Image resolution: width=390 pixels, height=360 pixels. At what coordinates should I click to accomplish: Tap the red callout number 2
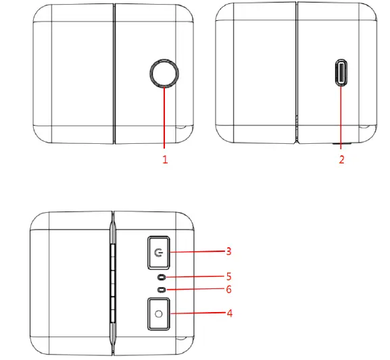[341, 160]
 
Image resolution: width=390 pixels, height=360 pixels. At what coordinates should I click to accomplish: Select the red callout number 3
[229, 251]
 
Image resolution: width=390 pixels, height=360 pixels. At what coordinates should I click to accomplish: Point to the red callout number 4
[229, 313]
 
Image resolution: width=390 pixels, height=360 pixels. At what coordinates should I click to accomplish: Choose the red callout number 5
[229, 276]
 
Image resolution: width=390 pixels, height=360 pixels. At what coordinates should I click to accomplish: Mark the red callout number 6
[229, 289]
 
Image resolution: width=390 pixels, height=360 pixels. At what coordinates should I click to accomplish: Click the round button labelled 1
[164, 72]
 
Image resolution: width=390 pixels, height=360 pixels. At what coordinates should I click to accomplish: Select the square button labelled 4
[159, 314]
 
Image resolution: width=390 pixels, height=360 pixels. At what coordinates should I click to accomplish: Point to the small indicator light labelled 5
[161, 277]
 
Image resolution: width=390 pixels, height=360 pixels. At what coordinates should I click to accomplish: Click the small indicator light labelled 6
[161, 289]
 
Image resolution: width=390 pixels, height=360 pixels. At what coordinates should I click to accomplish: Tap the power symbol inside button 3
[159, 253]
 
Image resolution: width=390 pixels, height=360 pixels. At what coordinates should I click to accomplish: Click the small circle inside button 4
[159, 314]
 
